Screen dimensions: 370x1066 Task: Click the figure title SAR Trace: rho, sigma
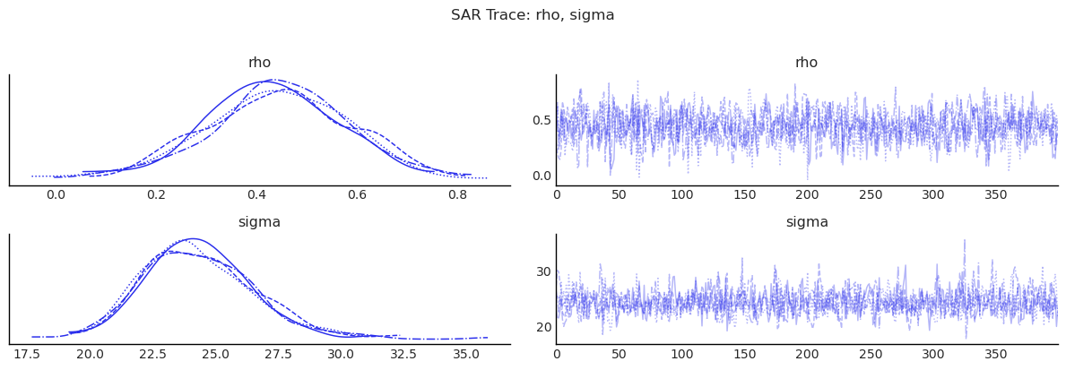click(x=533, y=15)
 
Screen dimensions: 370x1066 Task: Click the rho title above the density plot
click(x=259, y=63)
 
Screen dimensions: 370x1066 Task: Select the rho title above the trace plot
click(x=806, y=63)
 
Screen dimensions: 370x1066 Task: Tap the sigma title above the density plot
click(x=259, y=222)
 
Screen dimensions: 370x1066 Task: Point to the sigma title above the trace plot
click(x=806, y=222)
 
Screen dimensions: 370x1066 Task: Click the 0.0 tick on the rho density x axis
click(x=56, y=194)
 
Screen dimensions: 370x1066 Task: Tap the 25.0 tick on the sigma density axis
click(x=215, y=354)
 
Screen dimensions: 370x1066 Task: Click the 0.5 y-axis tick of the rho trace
click(x=541, y=120)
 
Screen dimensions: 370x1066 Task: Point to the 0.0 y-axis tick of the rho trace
click(x=541, y=176)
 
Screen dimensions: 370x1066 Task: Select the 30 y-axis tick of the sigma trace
click(x=543, y=272)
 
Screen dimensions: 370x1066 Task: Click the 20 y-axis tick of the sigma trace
click(x=543, y=327)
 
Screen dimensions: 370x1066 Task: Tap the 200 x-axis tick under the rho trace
click(x=807, y=194)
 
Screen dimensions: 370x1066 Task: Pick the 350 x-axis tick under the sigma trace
click(x=995, y=354)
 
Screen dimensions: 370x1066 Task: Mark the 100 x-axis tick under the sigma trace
click(x=681, y=354)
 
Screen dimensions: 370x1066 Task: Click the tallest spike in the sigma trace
click(x=965, y=240)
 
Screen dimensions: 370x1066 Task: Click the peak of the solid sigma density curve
click(x=192, y=238)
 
